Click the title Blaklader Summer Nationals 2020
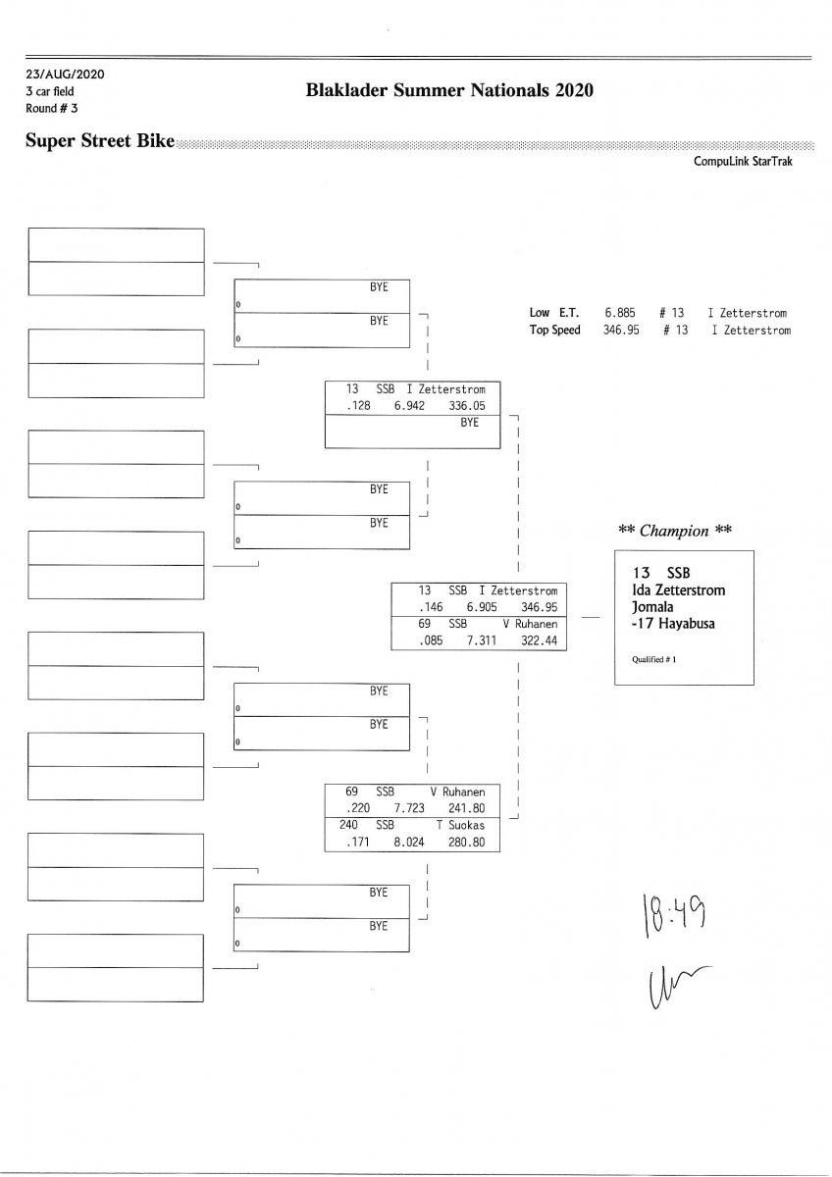point(450,91)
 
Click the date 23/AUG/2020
point(65,75)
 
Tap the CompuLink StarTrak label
point(743,162)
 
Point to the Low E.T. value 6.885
point(622,314)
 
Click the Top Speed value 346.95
point(621,331)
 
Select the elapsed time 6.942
point(408,406)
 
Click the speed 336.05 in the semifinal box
point(466,406)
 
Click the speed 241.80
point(466,809)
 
